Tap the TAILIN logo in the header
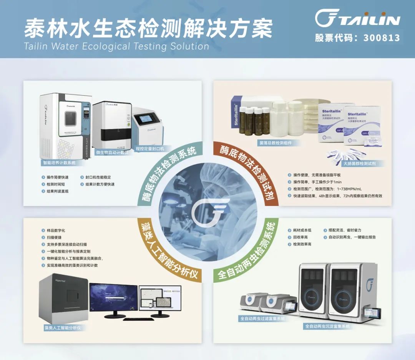click(357, 18)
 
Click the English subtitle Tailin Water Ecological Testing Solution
click(116, 46)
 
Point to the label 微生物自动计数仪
click(112, 153)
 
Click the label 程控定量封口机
click(150, 148)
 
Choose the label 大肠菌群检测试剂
click(359, 163)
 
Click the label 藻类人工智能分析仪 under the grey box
click(65, 328)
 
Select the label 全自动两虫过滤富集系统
click(263, 319)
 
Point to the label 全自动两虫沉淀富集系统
click(327, 326)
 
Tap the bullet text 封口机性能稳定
click(98, 177)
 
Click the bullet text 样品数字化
click(56, 231)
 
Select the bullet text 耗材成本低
click(302, 230)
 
